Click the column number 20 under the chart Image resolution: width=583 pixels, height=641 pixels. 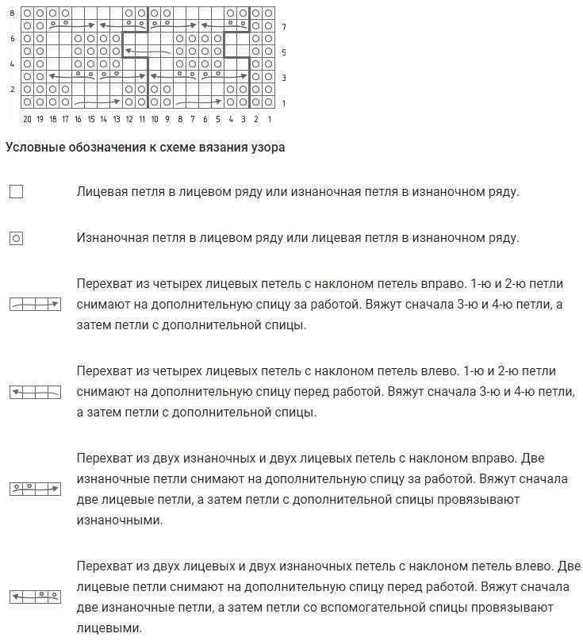tap(27, 119)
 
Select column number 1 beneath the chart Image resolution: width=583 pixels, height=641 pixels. tap(270, 119)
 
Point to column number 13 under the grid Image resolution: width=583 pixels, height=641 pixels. tap(117, 119)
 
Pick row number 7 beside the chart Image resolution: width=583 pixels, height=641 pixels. tap(283, 26)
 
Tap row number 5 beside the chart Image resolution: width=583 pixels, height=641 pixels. tap(283, 52)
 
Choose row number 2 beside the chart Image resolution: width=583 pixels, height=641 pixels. tap(12, 90)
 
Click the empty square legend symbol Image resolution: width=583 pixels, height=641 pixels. tap(16, 191)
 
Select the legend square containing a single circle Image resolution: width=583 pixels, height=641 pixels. tap(16, 237)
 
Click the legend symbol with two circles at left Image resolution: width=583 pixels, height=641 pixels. tap(35, 486)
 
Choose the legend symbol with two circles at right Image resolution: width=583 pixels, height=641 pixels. tap(35, 594)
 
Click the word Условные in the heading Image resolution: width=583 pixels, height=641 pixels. tap(33, 147)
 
